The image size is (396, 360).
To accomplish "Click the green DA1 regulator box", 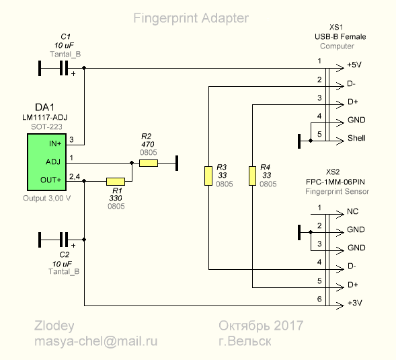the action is click(46, 162).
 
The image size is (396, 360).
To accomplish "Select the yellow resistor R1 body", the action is click(116, 182).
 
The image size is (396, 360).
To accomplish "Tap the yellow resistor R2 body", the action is click(149, 163).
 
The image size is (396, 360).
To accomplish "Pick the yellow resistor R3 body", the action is click(208, 176).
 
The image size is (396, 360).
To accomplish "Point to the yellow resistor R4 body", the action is click(252, 176).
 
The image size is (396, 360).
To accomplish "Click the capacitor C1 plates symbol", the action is click(64, 68).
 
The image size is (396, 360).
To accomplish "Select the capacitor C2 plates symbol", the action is click(64, 240).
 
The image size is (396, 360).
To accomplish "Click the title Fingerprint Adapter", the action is click(191, 18).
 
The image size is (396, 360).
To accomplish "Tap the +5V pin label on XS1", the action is click(354, 65).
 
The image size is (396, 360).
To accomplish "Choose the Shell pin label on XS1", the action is click(356, 138).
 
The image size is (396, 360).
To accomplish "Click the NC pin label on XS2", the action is click(352, 211).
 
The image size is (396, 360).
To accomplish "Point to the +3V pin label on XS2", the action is click(354, 303).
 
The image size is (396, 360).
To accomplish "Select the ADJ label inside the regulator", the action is click(53, 161).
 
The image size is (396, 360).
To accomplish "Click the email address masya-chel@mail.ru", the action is click(96, 341).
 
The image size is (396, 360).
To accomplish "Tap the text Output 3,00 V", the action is click(46, 198).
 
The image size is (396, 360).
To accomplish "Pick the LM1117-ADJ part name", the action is click(44, 117).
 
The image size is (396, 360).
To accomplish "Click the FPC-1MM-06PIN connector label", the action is click(335, 182).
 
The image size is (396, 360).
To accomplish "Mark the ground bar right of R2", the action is click(177, 163).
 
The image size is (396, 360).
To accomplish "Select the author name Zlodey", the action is click(54, 326).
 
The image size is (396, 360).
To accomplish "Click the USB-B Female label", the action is click(340, 36).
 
